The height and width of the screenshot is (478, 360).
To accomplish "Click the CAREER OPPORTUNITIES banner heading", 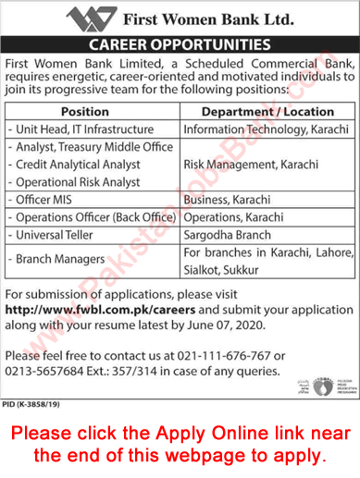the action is tap(180, 44).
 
